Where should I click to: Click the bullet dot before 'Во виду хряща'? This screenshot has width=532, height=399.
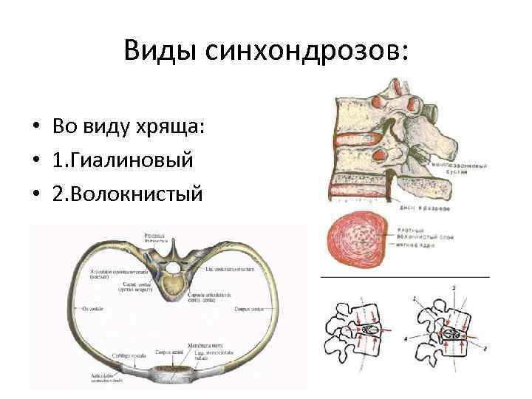point(35,126)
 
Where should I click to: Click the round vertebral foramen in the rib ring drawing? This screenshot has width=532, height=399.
point(173,267)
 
